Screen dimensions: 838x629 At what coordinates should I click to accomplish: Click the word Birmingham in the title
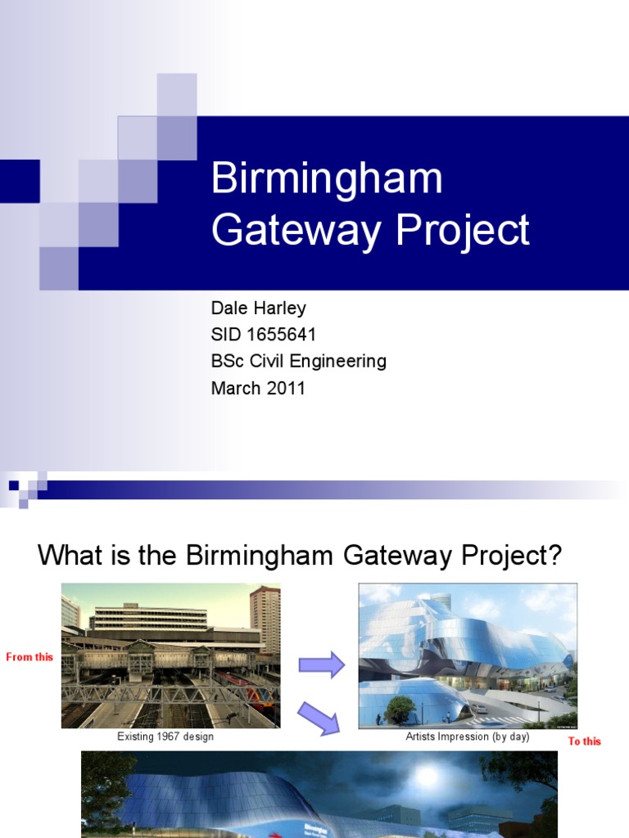326,179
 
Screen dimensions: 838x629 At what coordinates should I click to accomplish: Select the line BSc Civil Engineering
298,361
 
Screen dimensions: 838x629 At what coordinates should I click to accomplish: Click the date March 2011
258,388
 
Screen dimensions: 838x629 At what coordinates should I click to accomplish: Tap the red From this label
29,657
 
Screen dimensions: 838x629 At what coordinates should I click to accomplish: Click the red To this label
585,741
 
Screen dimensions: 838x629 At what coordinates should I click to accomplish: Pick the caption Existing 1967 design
165,737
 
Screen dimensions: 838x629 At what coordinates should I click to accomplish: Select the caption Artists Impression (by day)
468,737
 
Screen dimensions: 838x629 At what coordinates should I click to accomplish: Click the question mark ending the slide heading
554,556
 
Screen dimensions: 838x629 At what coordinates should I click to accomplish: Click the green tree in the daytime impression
400,709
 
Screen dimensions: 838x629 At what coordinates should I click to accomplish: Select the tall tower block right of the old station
265,619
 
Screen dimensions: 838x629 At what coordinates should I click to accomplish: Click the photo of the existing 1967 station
170,656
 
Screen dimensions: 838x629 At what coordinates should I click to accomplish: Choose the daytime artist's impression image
468,656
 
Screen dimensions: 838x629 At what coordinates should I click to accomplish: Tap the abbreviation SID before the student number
226,335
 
